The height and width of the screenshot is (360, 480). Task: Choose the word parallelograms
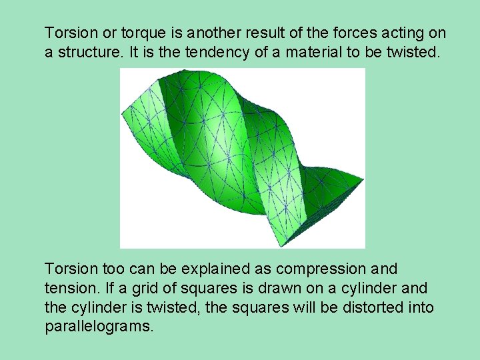pyautogui.click(x=99, y=327)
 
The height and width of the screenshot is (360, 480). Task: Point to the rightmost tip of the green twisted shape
pyautogui.click(x=363, y=179)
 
